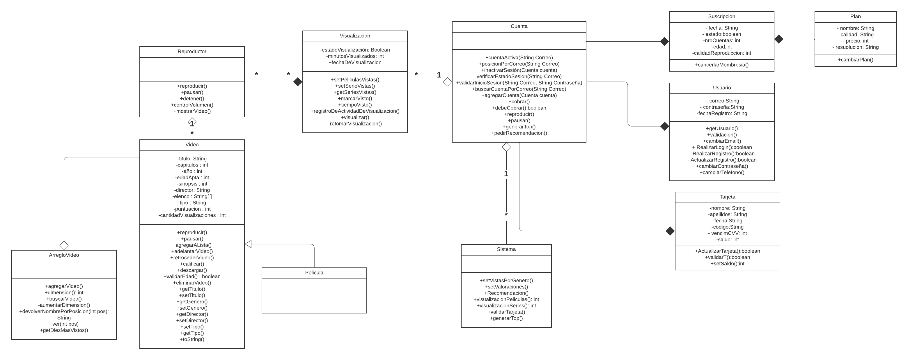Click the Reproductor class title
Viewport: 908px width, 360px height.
(x=192, y=52)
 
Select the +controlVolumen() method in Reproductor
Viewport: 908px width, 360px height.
(x=192, y=105)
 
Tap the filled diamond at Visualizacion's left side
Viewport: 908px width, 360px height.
(x=298, y=82)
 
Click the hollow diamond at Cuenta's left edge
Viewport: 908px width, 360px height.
(x=447, y=82)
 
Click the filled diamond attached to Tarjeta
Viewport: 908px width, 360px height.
(x=670, y=231)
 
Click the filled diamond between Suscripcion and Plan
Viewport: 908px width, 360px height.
(x=778, y=39)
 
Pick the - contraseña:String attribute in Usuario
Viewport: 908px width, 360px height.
(x=721, y=107)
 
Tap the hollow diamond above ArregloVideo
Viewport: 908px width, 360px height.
(x=64, y=245)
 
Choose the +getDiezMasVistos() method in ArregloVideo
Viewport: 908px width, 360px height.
(x=64, y=330)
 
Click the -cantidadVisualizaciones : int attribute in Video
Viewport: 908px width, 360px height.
(x=192, y=215)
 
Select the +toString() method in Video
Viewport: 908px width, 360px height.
(x=192, y=339)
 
